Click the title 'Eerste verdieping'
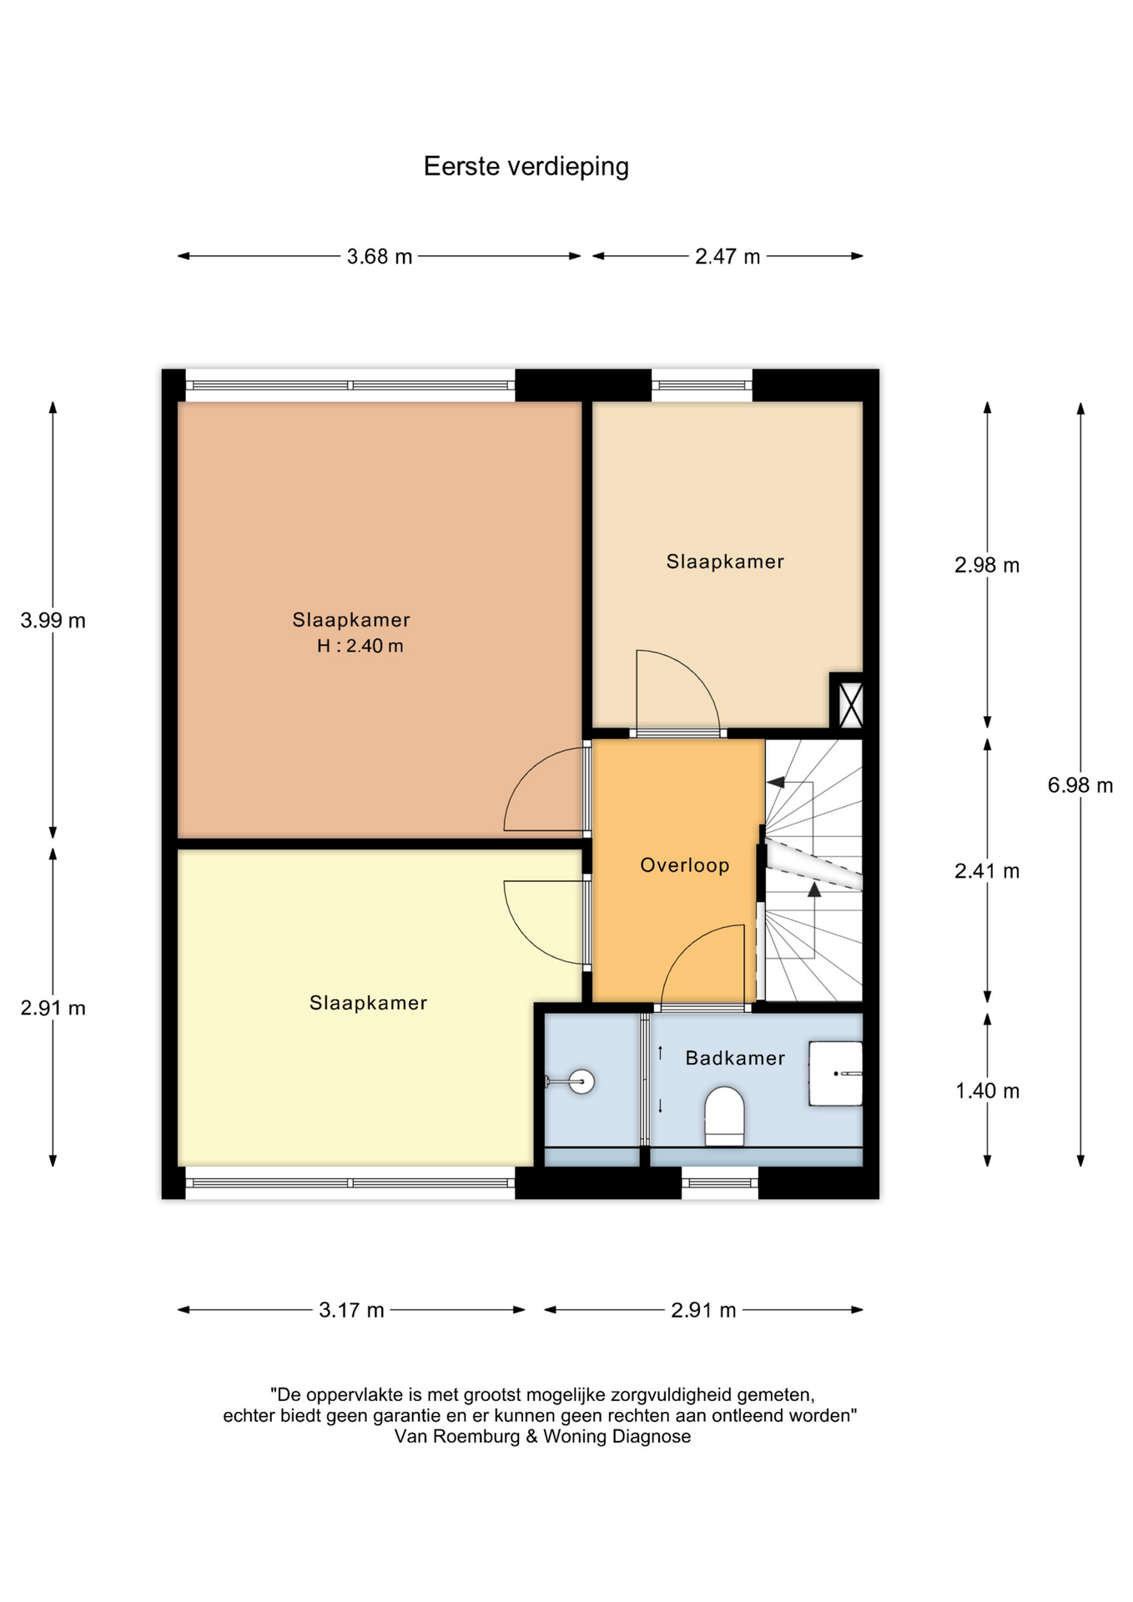click(x=526, y=166)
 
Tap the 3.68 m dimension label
click(x=380, y=256)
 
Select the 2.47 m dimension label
click(x=728, y=256)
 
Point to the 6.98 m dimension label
click(x=1080, y=785)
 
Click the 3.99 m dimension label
click(x=53, y=620)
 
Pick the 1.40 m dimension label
click(x=987, y=1091)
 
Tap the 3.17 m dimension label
click(x=351, y=1310)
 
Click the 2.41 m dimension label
click(x=987, y=871)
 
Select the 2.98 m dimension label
click(x=987, y=565)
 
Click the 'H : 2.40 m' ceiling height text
click(x=360, y=646)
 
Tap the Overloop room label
click(x=685, y=865)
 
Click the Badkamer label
click(x=735, y=1058)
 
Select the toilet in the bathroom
click(x=724, y=1116)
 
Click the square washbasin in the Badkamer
click(x=835, y=1073)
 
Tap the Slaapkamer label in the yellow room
click(x=368, y=1003)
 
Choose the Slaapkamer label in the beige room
click(x=725, y=562)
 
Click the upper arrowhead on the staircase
click(x=776, y=783)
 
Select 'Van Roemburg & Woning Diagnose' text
click(x=542, y=1436)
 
